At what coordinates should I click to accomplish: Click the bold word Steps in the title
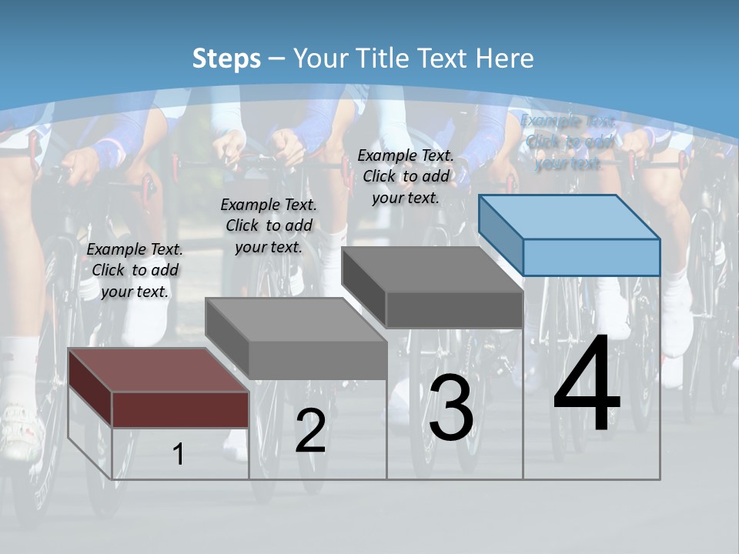point(226,58)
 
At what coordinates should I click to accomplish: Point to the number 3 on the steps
point(451,408)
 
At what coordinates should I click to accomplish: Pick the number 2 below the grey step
point(310,431)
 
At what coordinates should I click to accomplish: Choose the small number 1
point(179,455)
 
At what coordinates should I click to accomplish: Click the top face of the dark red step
point(158,370)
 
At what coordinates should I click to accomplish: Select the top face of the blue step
point(570,217)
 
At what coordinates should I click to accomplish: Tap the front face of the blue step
point(591,257)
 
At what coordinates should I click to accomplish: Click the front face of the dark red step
point(180,409)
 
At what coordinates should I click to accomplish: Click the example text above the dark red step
point(135,270)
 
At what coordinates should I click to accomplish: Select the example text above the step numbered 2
point(269,225)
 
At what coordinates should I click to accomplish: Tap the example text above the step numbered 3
point(406,176)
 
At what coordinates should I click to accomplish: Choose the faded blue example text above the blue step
point(568,142)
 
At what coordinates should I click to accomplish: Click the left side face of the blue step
point(500,235)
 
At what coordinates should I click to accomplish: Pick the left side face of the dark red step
point(90,389)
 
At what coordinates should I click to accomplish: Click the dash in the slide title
point(277,59)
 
